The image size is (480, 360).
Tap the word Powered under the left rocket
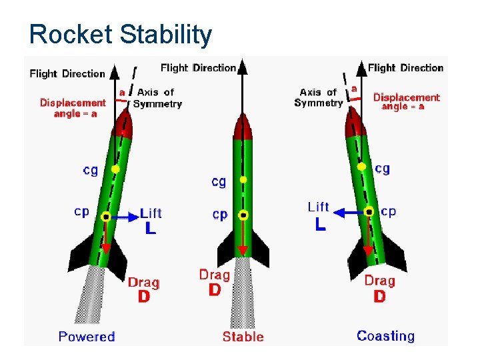[87, 337]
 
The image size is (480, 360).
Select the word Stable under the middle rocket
[243, 337]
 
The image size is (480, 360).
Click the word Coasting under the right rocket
[385, 336]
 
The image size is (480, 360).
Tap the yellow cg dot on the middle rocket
[243, 179]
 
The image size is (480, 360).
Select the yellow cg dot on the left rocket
[115, 169]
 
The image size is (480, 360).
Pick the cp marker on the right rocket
[369, 212]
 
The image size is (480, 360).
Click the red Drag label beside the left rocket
[143, 283]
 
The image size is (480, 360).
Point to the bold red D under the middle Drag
[215, 290]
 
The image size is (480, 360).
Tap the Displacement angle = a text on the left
[73, 108]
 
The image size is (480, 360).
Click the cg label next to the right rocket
[382, 169]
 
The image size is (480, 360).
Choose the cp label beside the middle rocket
[220, 214]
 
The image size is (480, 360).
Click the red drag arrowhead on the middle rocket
[243, 251]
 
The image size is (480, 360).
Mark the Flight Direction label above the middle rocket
[198, 67]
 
